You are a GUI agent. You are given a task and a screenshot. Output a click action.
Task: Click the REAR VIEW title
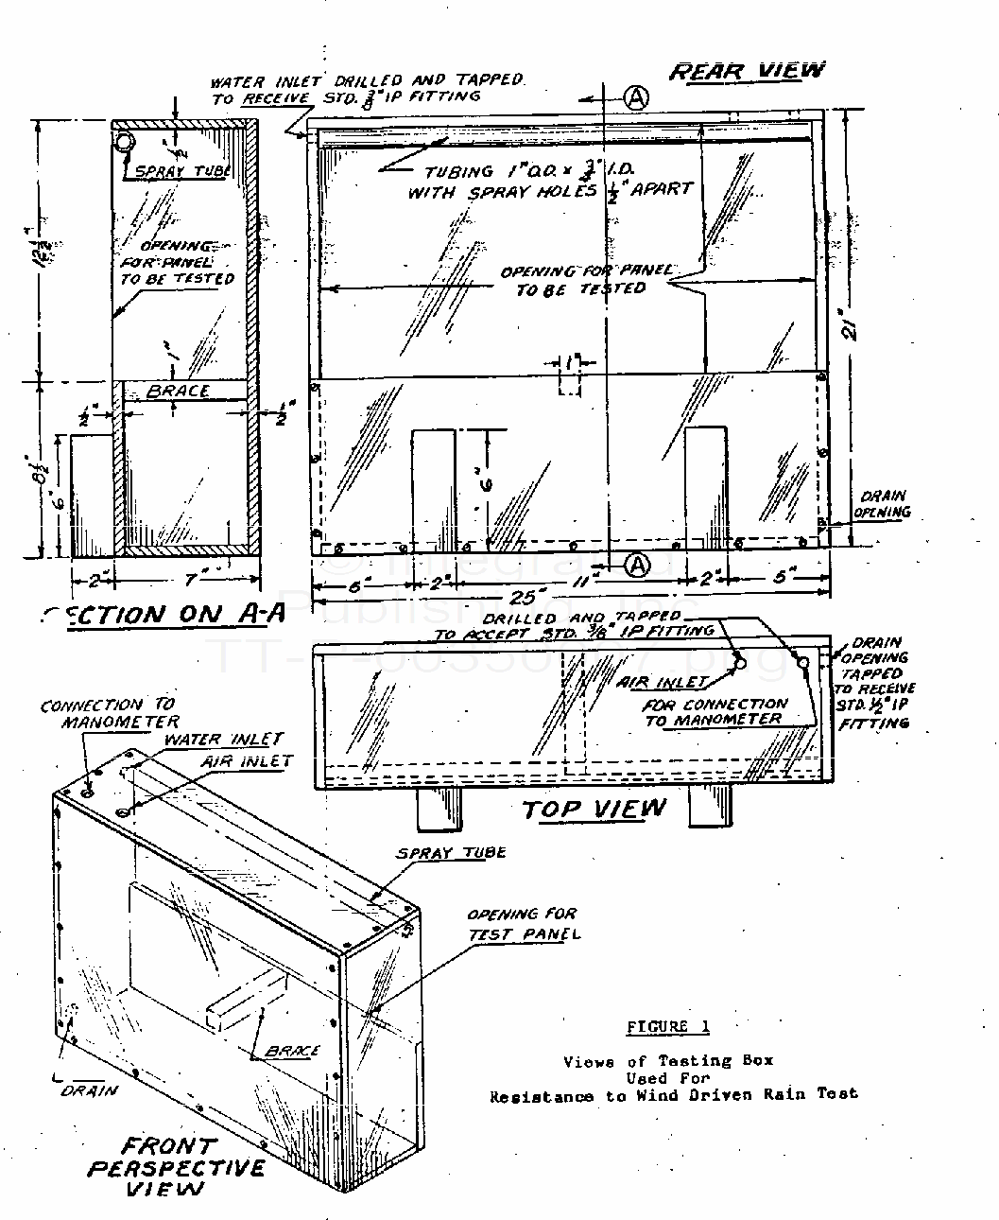tap(747, 71)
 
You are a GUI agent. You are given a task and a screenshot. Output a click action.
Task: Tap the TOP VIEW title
tap(594, 809)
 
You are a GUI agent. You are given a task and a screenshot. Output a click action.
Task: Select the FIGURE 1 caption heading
tap(667, 1027)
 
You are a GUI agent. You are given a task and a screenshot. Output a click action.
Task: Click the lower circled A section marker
tap(639, 565)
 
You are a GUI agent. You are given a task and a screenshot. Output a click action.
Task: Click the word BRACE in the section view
tap(178, 391)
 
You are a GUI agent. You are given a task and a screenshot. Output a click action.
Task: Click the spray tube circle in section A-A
tap(124, 142)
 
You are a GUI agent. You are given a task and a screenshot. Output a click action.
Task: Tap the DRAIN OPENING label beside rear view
tap(884, 504)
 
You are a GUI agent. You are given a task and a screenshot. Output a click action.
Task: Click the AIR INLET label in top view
tap(678, 681)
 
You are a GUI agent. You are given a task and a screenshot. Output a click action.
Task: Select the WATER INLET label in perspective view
tap(224, 740)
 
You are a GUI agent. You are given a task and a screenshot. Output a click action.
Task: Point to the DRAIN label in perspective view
tap(91, 1090)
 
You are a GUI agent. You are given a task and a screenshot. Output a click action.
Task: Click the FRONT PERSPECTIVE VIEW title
tap(176, 1167)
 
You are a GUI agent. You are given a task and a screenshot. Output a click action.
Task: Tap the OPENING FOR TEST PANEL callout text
tap(522, 924)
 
